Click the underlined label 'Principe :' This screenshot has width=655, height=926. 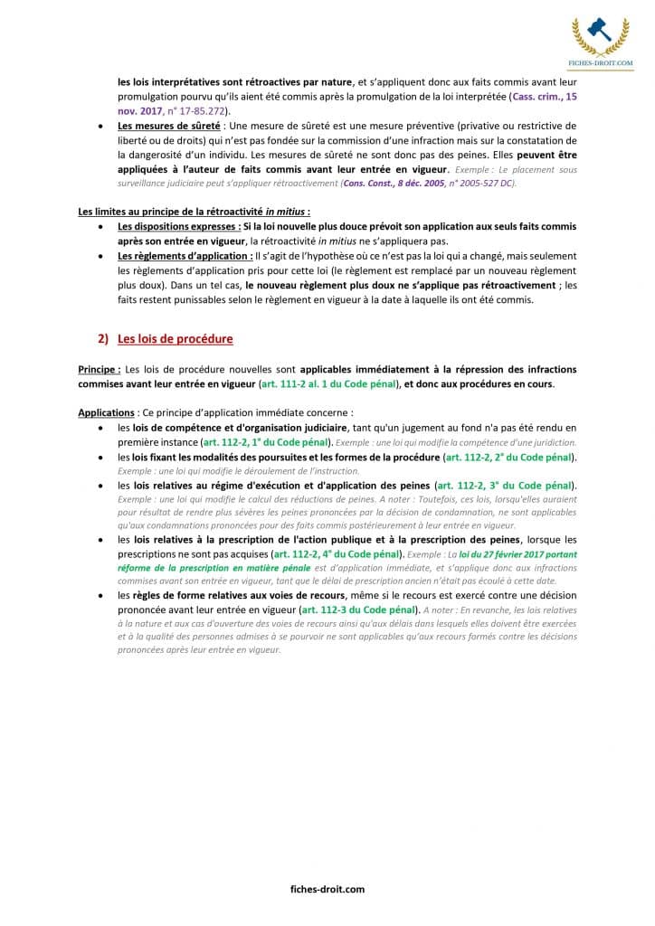[99, 369]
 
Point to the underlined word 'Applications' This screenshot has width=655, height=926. [106, 412]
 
